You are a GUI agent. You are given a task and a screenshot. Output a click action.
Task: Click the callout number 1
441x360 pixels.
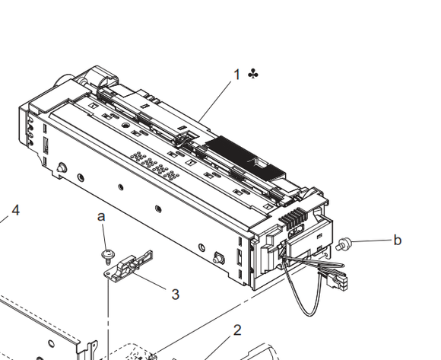[236, 75]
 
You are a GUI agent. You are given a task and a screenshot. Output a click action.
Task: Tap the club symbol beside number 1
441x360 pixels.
[253, 74]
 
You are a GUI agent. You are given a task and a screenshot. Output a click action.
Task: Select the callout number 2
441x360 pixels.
[237, 330]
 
